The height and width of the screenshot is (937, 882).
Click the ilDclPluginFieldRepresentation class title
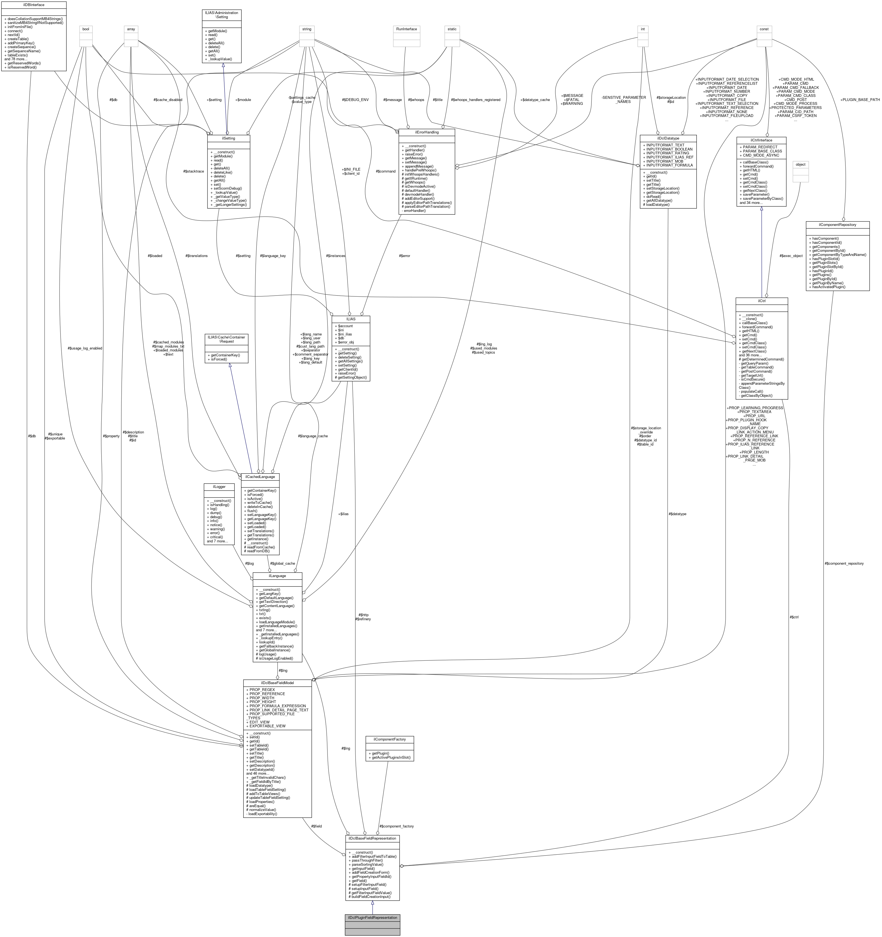click(372, 918)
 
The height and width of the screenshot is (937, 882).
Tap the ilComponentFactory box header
click(389, 739)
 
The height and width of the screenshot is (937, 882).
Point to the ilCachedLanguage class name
click(260, 477)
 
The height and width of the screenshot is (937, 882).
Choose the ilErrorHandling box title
click(427, 132)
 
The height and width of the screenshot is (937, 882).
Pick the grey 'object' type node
click(801, 165)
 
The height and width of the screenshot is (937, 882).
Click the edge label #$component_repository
click(844, 563)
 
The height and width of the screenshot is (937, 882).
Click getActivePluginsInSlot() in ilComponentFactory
click(389, 757)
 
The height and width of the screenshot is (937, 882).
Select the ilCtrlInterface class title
click(761, 140)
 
